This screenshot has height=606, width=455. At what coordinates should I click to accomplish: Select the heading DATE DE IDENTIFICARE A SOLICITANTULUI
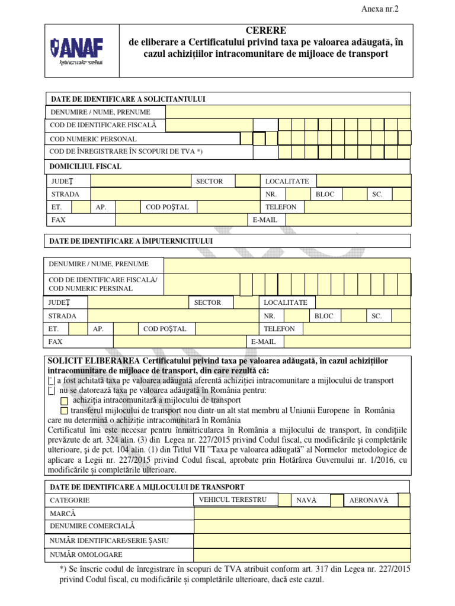[128, 99]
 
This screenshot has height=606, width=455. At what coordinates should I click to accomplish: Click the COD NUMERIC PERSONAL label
[93, 139]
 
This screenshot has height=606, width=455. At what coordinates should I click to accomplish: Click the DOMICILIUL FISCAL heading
[86, 166]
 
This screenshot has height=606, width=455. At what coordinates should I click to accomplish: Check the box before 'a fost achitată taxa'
[51, 381]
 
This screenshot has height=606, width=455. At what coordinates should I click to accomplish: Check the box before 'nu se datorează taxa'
[51, 391]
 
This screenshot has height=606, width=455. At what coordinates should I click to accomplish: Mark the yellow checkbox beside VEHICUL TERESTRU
[284, 500]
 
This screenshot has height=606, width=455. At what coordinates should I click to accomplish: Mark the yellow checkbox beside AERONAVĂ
[403, 500]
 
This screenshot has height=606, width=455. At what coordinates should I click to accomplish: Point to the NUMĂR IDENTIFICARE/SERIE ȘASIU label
[109, 540]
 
